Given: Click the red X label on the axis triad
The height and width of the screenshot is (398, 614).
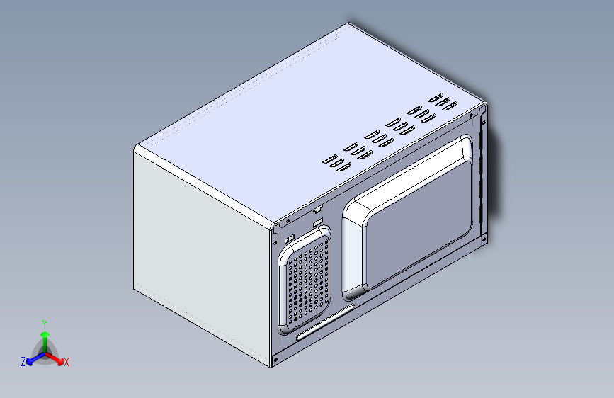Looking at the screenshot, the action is (66, 362).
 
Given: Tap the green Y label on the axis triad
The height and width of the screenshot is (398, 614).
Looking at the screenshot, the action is (45, 324).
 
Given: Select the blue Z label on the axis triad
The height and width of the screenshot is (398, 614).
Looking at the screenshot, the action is (23, 362).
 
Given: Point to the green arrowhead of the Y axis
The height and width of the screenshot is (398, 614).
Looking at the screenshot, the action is (45, 334).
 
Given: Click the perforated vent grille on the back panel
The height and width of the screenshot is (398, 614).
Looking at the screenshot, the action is (308, 281).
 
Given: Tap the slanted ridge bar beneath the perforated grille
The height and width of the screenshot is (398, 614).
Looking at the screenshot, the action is (325, 322).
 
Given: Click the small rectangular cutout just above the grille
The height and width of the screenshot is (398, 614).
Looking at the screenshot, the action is (318, 223).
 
